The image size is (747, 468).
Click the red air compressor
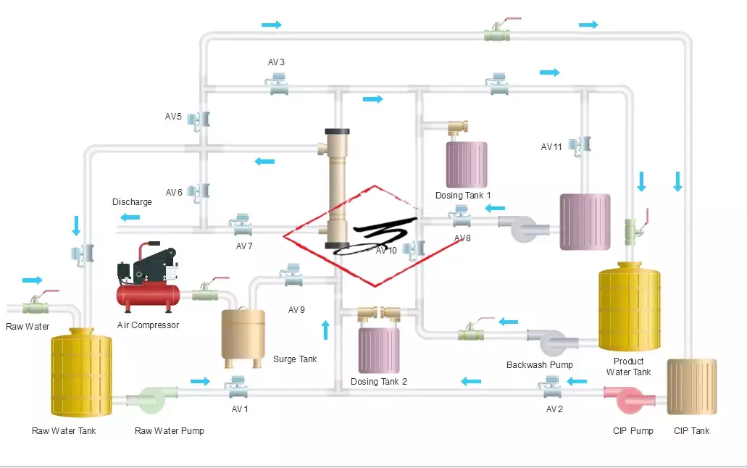(x=149, y=279)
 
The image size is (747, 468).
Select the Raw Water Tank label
(x=64, y=431)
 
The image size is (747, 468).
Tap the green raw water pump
(x=151, y=400)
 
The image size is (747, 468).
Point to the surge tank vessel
(x=243, y=334)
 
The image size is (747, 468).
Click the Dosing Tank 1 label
(x=463, y=196)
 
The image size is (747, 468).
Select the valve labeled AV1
(x=238, y=388)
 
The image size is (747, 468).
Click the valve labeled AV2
(x=554, y=388)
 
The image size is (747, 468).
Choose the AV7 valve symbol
(x=240, y=225)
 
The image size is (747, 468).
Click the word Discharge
(x=132, y=202)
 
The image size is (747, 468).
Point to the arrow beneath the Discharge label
(x=130, y=217)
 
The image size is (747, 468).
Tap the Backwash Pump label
(x=539, y=365)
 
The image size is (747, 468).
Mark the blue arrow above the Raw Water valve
(x=33, y=280)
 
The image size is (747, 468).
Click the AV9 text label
(x=296, y=310)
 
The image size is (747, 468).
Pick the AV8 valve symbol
(x=459, y=215)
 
